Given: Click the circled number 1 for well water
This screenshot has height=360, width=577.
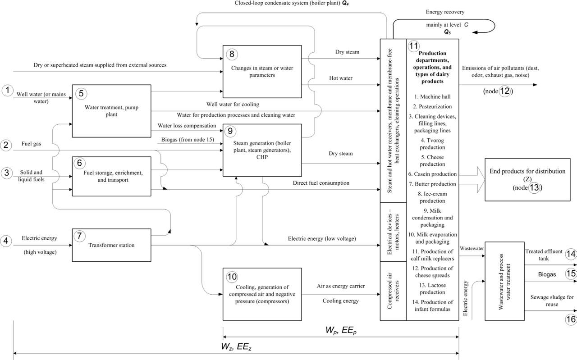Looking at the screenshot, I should coord(7,91).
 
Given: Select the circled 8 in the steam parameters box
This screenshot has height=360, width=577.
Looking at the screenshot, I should coord(232,55).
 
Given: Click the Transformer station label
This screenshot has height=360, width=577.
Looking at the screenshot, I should coord(111,245).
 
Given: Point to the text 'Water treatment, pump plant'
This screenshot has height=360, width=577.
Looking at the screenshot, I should coord(111,111).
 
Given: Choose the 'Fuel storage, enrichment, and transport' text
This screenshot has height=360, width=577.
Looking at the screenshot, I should coord(111,176).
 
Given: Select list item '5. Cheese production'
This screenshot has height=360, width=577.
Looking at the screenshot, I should coord(432,161).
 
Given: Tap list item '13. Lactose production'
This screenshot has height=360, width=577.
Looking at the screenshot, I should coord(432,288).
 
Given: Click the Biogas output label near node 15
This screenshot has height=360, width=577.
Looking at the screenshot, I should coord(547,274).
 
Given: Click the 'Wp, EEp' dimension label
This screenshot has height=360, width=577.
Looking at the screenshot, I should coord(340,330).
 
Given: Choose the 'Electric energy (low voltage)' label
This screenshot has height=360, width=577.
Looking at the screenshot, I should coord(322,239).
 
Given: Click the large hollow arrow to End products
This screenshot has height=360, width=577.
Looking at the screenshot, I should coord(471,179).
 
